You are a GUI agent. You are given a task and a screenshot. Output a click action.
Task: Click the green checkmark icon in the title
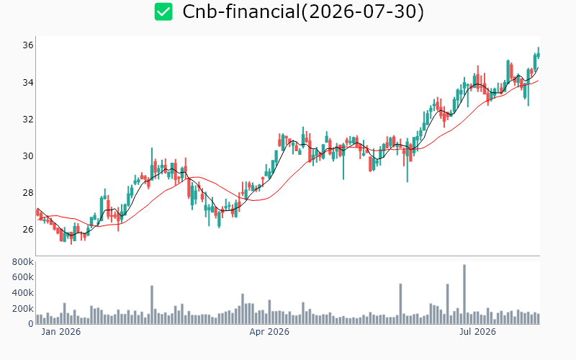coord(163,12)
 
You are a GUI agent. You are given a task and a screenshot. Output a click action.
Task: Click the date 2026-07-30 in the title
coord(362,12)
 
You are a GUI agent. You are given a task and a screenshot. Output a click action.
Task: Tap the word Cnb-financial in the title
coord(241,12)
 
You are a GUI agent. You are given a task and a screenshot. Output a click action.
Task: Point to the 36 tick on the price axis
coord(28,45)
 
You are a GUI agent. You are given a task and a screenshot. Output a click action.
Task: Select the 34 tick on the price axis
coord(28,82)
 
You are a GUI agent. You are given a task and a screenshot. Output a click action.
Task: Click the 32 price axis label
coord(28,119)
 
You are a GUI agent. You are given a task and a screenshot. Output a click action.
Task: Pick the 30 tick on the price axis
coord(28,156)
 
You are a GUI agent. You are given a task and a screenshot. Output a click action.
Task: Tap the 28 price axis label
coord(28,192)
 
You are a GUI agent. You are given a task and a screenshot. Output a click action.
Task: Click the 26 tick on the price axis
coord(28,229)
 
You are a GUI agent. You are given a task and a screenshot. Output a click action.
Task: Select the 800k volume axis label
coord(23,262)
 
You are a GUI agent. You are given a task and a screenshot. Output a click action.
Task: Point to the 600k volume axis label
coord(23,277)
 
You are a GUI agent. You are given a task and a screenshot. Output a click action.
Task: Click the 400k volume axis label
coord(23,293)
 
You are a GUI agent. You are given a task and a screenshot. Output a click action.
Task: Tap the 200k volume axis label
coord(23,309)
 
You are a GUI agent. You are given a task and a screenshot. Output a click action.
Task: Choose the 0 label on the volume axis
coord(31,323)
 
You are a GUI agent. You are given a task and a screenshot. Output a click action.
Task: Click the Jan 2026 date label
coord(61,332)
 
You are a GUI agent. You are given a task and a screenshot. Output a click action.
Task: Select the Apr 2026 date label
coord(269,332)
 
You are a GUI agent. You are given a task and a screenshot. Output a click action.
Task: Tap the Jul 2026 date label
coord(477,332)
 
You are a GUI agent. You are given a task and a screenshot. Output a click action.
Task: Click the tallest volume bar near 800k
coord(464,294)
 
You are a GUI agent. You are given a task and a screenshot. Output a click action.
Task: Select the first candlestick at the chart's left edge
coord(37,212)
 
